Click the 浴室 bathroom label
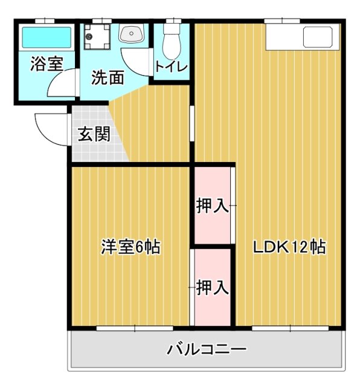(46, 64)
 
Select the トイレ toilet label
(172, 67)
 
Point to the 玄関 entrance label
(94, 135)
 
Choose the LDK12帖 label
(289, 247)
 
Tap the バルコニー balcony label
(207, 350)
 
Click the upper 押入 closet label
(213, 206)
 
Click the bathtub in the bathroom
(47, 39)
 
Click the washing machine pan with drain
(96, 37)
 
